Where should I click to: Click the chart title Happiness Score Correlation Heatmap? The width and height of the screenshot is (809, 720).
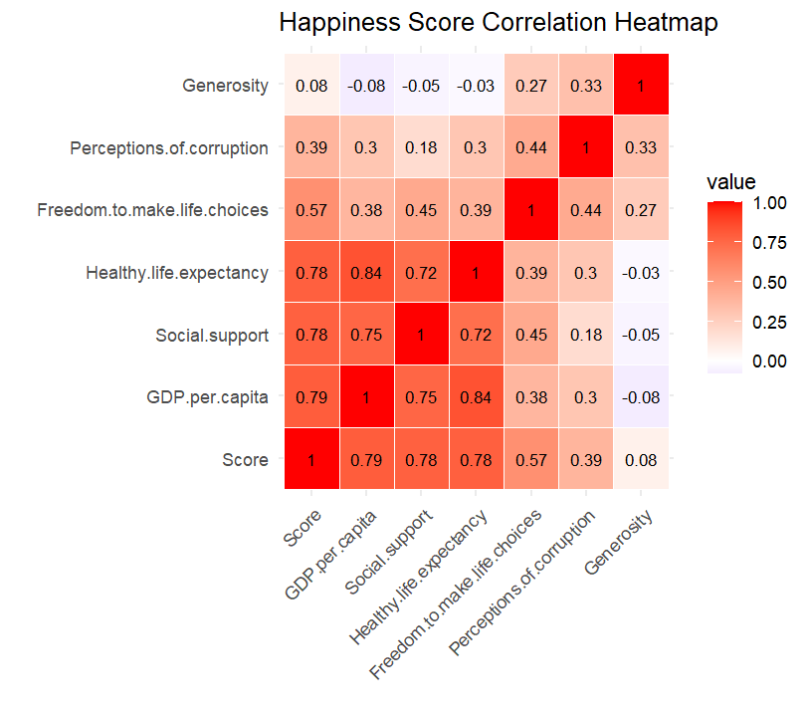(498, 23)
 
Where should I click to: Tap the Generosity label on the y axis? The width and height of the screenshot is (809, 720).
(226, 86)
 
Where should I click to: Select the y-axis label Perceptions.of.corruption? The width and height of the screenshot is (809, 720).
(169, 148)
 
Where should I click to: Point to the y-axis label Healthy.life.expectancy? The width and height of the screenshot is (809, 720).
(177, 272)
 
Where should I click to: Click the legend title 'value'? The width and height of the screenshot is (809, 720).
(731, 182)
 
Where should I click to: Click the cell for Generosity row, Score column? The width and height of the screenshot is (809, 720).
(312, 86)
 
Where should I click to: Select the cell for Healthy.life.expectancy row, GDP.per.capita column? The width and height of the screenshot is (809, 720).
(367, 272)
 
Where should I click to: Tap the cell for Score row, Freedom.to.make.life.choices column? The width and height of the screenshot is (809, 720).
(531, 459)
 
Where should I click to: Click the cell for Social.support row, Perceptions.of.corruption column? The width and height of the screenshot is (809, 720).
(586, 335)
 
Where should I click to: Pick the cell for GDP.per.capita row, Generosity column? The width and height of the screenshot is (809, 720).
(641, 396)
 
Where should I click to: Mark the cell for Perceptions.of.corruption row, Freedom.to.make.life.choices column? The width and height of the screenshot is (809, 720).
(531, 148)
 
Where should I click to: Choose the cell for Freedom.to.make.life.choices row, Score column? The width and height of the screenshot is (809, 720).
(312, 210)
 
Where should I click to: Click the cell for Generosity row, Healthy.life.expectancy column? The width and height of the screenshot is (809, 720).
(477, 86)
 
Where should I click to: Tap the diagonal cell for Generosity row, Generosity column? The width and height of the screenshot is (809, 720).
(641, 86)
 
